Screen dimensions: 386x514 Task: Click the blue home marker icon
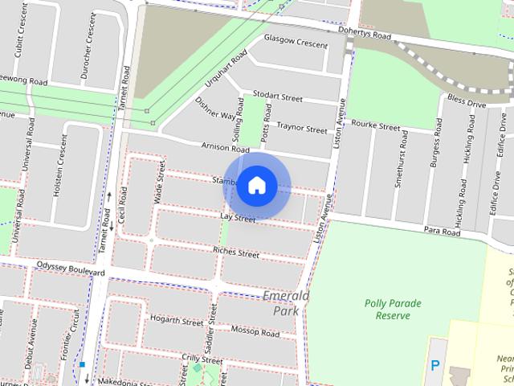pyautogui.click(x=256, y=185)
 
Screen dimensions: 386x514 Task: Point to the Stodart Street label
pyautogui.click(x=277, y=96)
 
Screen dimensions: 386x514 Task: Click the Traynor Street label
pyautogui.click(x=302, y=127)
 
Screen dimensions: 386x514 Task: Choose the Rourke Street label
pyautogui.click(x=375, y=126)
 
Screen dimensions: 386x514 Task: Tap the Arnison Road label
pyautogui.click(x=225, y=148)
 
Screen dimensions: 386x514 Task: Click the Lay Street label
pyautogui.click(x=238, y=218)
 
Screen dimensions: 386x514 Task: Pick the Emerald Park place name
pyautogui.click(x=287, y=303)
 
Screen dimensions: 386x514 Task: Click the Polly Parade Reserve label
pyautogui.click(x=398, y=310)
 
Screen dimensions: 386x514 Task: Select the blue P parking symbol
pyautogui.click(x=435, y=365)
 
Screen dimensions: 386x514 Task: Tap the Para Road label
pyautogui.click(x=443, y=232)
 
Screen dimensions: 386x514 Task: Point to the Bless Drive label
pyautogui.click(x=467, y=103)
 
